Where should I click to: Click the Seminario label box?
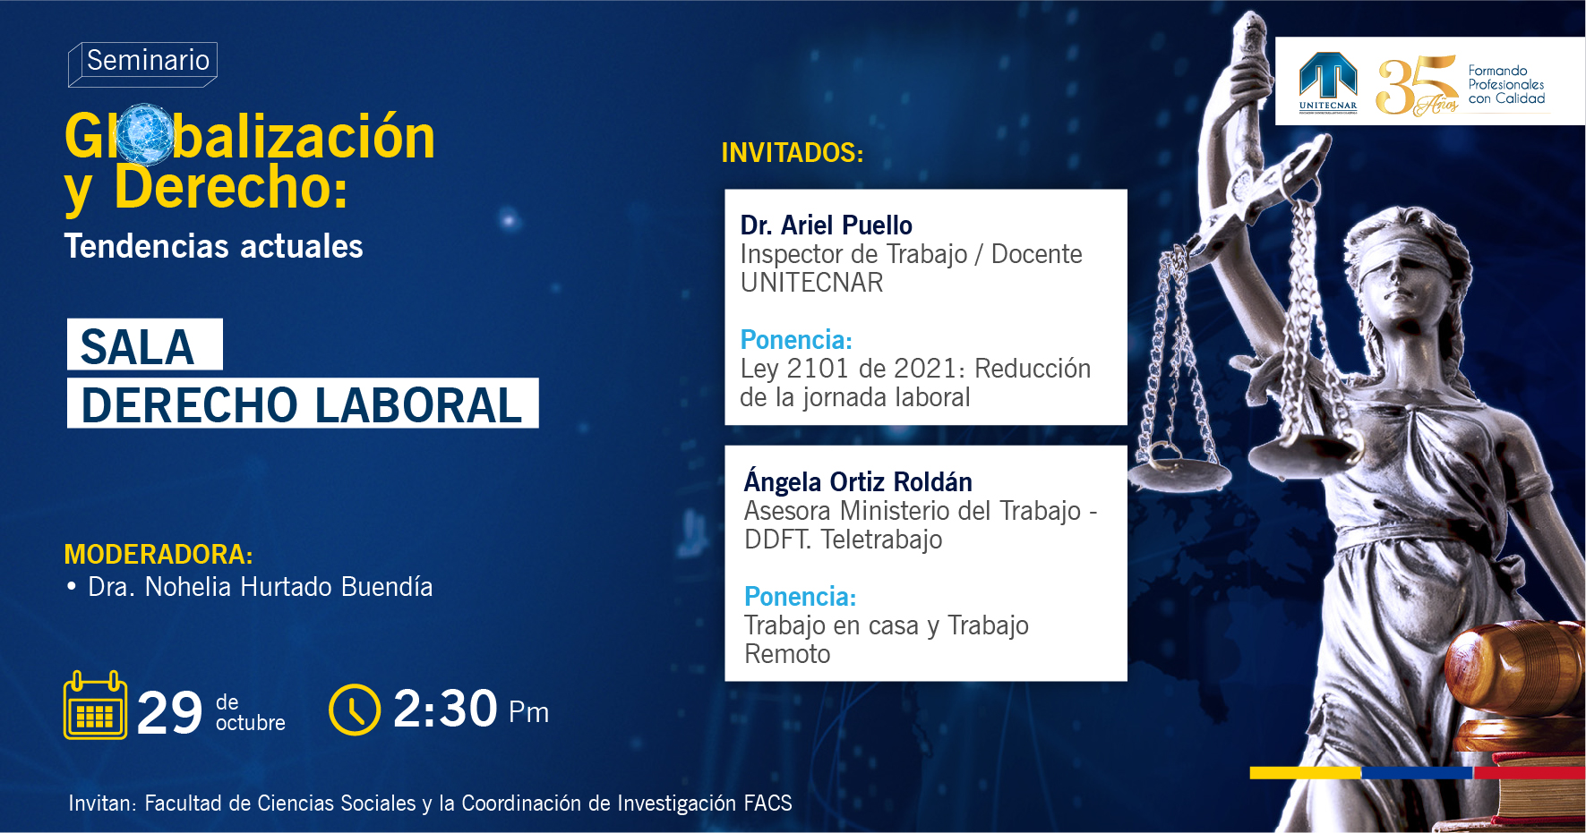143,64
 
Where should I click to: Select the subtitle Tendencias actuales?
213,246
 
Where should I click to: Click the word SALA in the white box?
137,347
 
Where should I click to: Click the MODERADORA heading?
159,555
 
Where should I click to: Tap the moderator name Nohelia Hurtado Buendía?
288,587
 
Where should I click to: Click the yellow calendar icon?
95,706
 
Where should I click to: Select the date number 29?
170,713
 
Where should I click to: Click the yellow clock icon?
355,710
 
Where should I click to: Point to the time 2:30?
445,709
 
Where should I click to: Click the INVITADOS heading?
793,153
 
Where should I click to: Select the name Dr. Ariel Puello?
827,225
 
